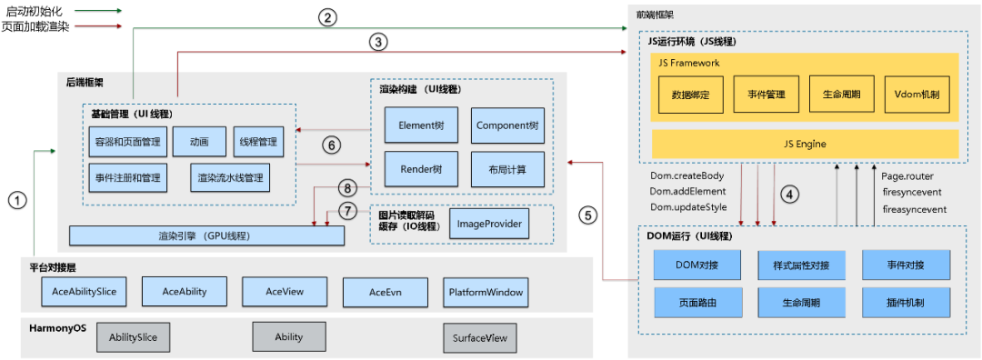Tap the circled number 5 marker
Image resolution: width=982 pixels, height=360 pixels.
[x=588, y=215]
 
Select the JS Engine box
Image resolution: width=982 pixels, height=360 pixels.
[x=805, y=144]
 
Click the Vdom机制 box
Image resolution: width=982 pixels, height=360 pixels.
[x=917, y=93]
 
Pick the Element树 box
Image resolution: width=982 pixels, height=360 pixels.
[x=408, y=125]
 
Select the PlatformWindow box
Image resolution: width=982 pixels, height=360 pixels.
[x=486, y=292]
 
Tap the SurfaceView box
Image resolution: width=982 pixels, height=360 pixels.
[x=478, y=336]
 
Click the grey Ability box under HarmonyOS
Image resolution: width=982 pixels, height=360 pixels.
[x=288, y=336]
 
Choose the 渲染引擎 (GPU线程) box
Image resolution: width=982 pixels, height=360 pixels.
[x=206, y=235]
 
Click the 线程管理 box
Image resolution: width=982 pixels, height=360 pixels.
[x=258, y=142]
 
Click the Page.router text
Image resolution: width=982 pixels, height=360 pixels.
[x=907, y=176]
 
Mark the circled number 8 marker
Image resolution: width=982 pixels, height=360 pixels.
[x=346, y=189]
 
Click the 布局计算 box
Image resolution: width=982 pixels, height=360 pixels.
[x=507, y=169]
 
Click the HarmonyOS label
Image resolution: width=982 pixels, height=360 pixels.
[x=58, y=327]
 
